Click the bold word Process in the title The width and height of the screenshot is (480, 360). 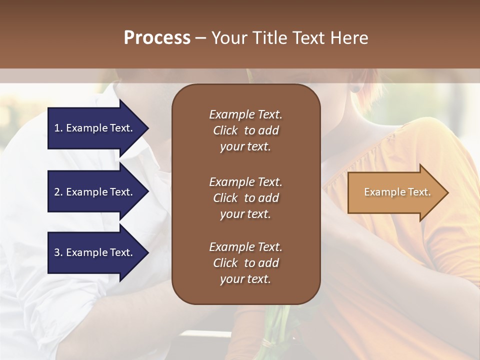[x=157, y=38]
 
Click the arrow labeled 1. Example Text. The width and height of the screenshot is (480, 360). [x=95, y=128]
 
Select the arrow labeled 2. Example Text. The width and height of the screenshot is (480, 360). [x=95, y=192]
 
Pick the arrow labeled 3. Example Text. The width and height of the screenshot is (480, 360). [x=95, y=252]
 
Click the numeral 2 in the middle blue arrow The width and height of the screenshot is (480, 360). [x=57, y=192]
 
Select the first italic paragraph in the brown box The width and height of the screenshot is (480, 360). [x=245, y=130]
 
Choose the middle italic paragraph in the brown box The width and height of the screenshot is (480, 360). [x=245, y=198]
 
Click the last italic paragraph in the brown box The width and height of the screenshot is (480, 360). [x=245, y=263]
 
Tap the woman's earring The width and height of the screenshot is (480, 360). [x=355, y=89]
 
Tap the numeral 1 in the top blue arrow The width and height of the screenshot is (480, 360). [x=57, y=128]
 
